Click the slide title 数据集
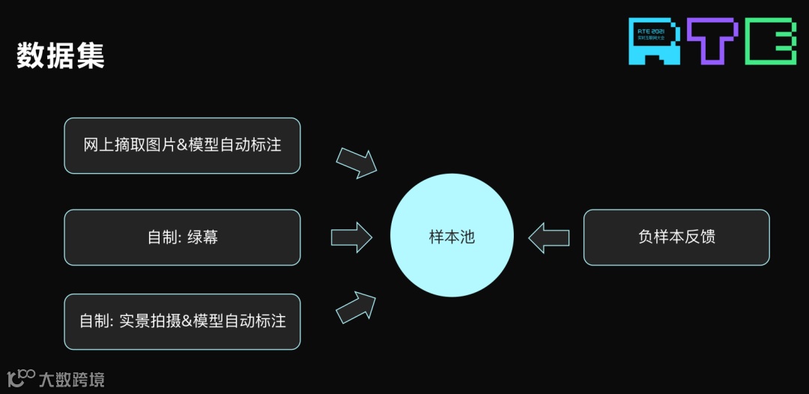(x=60, y=56)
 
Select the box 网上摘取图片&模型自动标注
(x=182, y=145)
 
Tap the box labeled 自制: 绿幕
(x=182, y=237)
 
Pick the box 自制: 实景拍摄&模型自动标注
(x=182, y=321)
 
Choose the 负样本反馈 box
(x=676, y=237)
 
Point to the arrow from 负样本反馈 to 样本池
(x=548, y=237)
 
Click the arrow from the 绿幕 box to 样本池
(x=351, y=237)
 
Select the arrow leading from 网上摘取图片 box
(x=356, y=162)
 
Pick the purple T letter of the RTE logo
(x=712, y=41)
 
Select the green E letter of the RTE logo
(x=771, y=41)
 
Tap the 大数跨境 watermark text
(x=72, y=379)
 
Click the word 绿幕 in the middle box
(x=203, y=237)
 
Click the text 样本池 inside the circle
(x=452, y=237)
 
